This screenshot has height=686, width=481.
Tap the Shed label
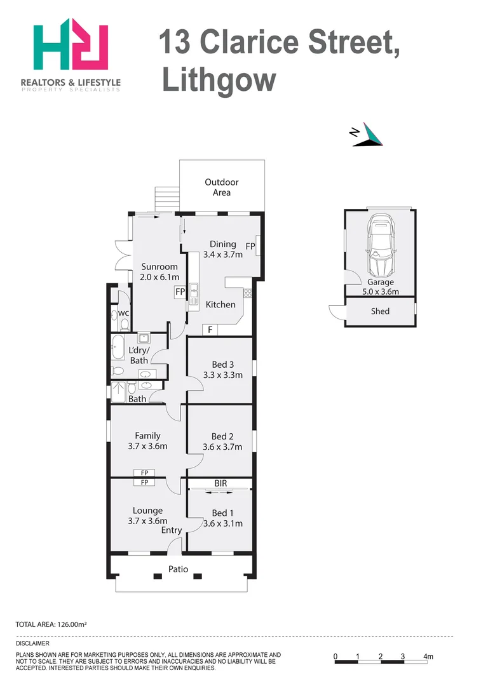(380, 311)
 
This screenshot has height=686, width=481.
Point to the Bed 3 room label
(223, 365)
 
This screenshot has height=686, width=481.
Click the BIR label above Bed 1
(220, 483)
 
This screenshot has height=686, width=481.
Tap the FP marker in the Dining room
(250, 246)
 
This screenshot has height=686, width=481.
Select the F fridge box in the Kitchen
(210, 330)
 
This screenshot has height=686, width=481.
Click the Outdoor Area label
(222, 187)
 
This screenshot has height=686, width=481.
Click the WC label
(124, 313)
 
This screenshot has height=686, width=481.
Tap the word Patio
(178, 569)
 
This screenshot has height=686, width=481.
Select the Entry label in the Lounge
(172, 530)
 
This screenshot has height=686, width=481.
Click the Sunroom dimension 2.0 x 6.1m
(159, 277)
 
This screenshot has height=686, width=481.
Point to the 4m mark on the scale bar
(428, 657)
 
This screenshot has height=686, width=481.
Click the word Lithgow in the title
(220, 81)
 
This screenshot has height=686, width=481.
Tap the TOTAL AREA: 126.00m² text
(51, 624)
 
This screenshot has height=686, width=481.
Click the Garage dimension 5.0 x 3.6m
(381, 292)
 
